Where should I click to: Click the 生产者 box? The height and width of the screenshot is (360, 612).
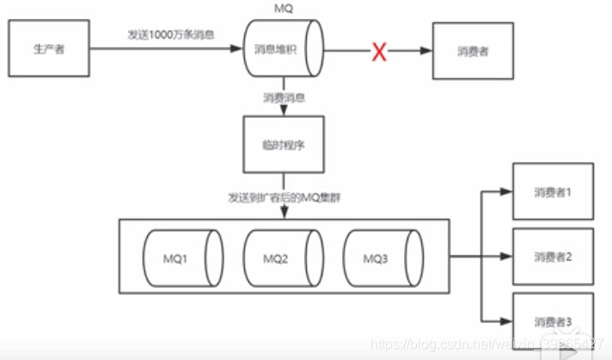[48, 50]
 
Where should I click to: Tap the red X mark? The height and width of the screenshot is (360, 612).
[378, 52]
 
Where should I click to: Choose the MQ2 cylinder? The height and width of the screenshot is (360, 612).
[276, 258]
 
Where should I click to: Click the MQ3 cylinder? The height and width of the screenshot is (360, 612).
[376, 258]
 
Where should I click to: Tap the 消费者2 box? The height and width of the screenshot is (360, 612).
[553, 257]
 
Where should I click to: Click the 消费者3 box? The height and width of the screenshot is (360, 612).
[553, 321]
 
